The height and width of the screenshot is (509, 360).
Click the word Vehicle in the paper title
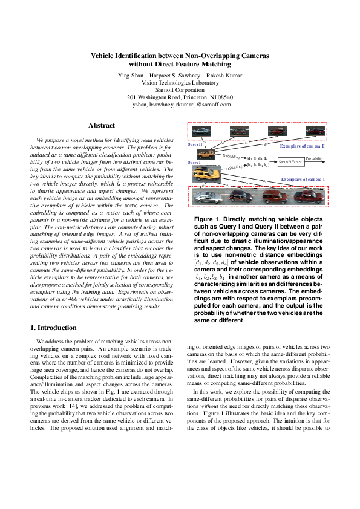click(106, 55)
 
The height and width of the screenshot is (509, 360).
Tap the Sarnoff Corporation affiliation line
click(180, 89)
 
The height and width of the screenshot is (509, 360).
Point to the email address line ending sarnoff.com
click(180, 105)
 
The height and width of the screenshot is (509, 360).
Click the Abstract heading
click(102, 126)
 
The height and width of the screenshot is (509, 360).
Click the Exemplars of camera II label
click(303, 146)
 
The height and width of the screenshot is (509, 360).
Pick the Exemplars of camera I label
click(303, 180)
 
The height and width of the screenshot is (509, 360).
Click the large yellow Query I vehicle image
click(205, 175)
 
